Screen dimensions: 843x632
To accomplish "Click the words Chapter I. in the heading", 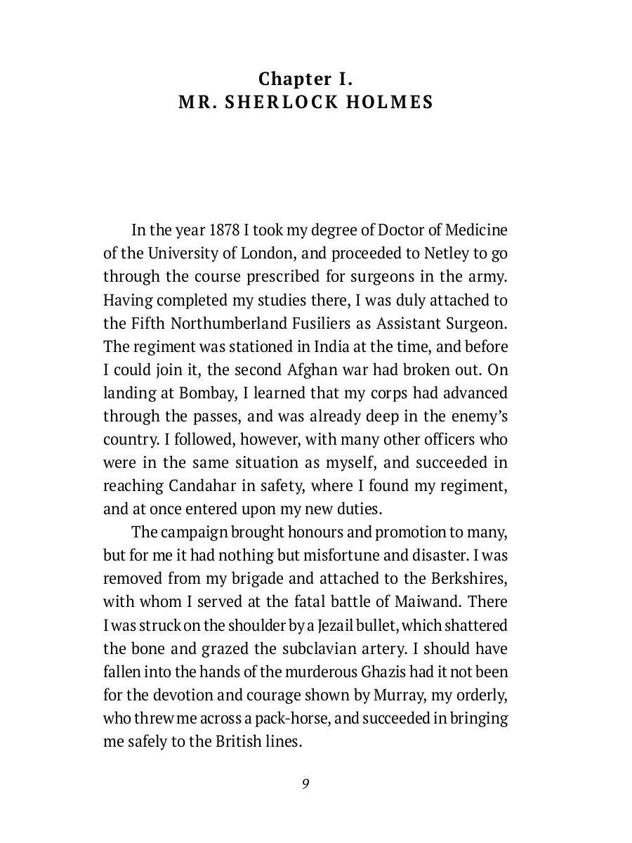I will [305, 78].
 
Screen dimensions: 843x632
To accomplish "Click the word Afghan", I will [312, 370].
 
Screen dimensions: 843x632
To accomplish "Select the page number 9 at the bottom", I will [305, 784].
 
